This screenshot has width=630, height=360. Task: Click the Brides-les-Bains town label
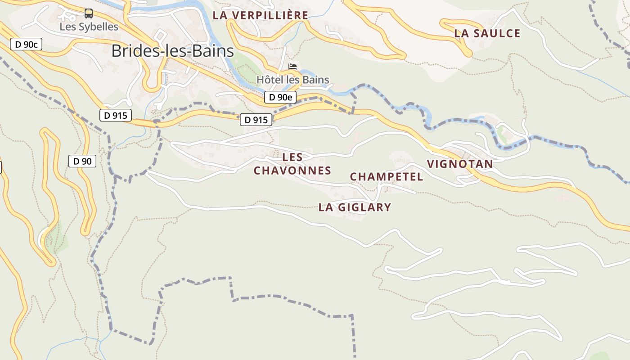coord(173,51)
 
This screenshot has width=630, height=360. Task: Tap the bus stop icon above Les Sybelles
coord(89,13)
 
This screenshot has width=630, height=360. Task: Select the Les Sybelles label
coord(89,27)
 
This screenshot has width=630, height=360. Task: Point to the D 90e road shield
coord(280,97)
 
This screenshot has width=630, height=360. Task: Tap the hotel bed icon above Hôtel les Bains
coord(292,67)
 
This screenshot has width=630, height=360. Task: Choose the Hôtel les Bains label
coord(292,80)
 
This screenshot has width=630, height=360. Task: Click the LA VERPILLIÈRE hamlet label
coord(261,15)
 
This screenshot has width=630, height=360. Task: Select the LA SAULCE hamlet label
coord(487,33)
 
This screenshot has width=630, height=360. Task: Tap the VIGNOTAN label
coord(460,164)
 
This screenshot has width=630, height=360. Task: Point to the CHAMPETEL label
coord(387,177)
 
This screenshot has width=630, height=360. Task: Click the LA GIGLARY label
coord(355,207)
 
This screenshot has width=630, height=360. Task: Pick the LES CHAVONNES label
coord(292,164)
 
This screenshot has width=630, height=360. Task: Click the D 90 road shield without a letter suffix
coord(82,161)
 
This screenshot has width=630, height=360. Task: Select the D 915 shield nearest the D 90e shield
coord(256,120)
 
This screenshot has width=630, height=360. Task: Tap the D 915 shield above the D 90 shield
coord(116,115)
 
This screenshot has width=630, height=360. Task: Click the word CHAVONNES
coord(292,171)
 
